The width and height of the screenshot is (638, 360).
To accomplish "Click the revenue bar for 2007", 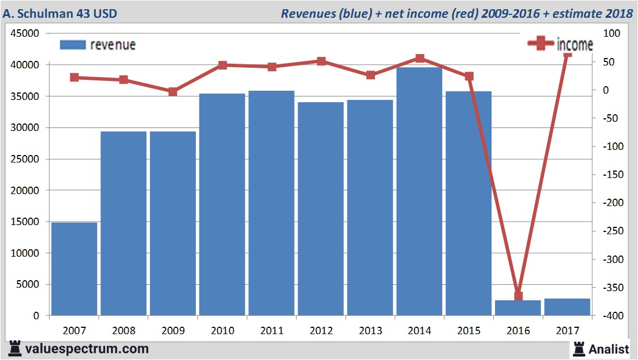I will click(x=74, y=269).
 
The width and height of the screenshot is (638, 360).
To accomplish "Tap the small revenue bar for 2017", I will click(x=567, y=307).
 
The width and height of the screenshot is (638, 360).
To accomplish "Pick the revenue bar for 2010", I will click(x=222, y=204).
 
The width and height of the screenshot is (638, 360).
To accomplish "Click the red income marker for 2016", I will click(x=518, y=296).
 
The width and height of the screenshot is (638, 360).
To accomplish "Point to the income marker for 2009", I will click(x=173, y=91).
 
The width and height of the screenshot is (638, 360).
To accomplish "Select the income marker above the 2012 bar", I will click(x=321, y=61).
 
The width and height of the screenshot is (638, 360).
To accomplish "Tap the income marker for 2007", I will click(x=74, y=78).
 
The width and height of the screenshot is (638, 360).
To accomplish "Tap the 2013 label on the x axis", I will click(x=370, y=331).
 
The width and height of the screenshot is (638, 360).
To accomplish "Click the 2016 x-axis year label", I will click(x=518, y=331).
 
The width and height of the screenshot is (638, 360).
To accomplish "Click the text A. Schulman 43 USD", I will click(x=60, y=13).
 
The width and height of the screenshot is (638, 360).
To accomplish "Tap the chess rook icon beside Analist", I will click(x=578, y=349).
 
